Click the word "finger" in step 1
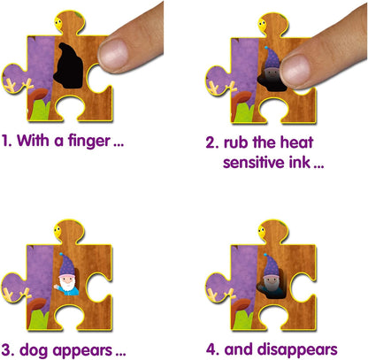[x=89, y=142]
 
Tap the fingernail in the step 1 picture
[x=113, y=55]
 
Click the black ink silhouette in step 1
[x=68, y=65]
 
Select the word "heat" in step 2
[x=296, y=142]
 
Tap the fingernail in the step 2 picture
[x=295, y=72]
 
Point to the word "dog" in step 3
[x=34, y=351]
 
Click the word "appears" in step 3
[x=82, y=351]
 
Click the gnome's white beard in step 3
[x=67, y=284]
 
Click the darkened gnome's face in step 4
[x=271, y=282]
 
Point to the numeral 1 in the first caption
[x=4, y=141]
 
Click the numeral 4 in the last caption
[x=211, y=349]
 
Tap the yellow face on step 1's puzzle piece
[x=58, y=23]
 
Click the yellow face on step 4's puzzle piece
[x=262, y=232]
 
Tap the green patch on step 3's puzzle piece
[x=39, y=318]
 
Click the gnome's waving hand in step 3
[x=56, y=287]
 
